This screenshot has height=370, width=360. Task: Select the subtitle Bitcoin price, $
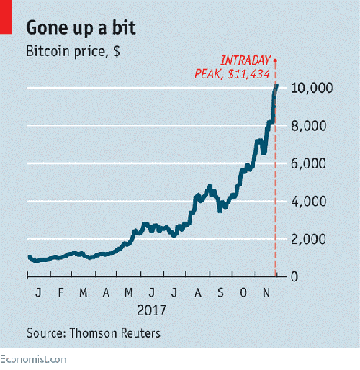[x=73, y=52]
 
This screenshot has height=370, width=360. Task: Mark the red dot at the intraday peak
[x=276, y=60]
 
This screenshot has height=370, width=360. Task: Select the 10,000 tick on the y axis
[x=310, y=88]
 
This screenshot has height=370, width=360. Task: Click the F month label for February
[x=62, y=294]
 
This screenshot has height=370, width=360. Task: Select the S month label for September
[x=221, y=294]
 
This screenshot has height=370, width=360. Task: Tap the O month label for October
[x=243, y=294]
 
